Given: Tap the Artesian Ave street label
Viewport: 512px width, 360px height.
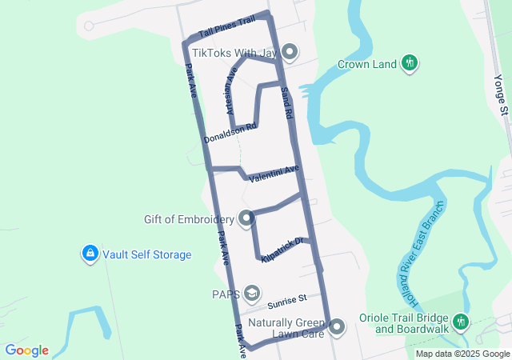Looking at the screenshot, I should (231, 90).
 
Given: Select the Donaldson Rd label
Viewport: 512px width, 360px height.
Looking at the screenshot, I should (230, 133).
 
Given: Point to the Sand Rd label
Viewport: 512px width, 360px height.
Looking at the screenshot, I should (286, 103).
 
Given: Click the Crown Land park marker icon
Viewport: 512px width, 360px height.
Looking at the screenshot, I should (410, 62).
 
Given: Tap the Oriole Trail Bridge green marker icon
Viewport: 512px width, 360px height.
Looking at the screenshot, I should (460, 322).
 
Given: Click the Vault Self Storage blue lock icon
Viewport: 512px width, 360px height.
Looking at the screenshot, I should (90, 254).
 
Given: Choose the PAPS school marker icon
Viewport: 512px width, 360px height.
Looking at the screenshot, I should (253, 294).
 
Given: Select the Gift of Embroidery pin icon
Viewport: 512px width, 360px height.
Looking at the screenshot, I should (246, 218).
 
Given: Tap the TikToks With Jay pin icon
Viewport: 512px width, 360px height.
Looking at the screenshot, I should (290, 53).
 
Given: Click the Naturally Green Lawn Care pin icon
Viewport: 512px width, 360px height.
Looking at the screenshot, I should (337, 326).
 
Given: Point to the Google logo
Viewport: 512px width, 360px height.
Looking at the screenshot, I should (26, 350).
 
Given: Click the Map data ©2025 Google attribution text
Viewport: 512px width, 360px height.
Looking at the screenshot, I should (462, 354).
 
